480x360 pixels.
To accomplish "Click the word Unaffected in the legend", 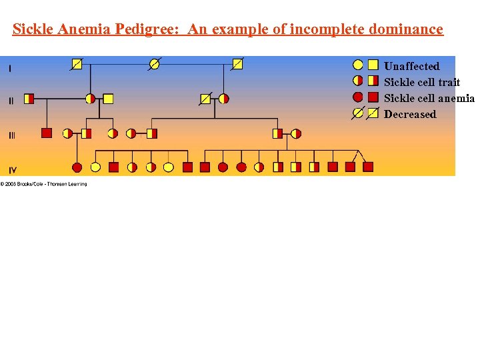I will pyautogui.click(x=411, y=66).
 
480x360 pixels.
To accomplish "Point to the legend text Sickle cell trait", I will pyautogui.click(x=422, y=82).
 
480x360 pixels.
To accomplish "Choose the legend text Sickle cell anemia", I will pyautogui.click(x=429, y=98).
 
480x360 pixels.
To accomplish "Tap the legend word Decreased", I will pyautogui.click(x=410, y=114).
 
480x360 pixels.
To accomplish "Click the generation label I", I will pyautogui.click(x=10, y=67).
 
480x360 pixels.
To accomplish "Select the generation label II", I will pyautogui.click(x=11, y=101).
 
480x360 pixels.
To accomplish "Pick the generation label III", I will pyautogui.click(x=12, y=135).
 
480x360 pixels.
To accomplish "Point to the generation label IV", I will pyautogui.click(x=13, y=169).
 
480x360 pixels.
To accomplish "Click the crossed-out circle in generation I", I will pyautogui.click(x=155, y=64).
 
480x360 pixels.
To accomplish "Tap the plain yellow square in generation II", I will pyautogui.click(x=108, y=99).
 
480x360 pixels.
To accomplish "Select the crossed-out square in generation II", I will pyautogui.click(x=205, y=99).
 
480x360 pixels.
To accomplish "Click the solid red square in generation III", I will pyautogui.click(x=47, y=133).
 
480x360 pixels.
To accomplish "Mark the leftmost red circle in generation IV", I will pyautogui.click(x=77, y=167).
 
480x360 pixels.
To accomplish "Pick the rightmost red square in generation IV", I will pyautogui.click(x=368, y=167).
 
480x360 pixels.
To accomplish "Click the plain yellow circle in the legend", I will pyautogui.click(x=358, y=65).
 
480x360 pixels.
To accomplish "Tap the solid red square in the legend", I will pyautogui.click(x=373, y=97).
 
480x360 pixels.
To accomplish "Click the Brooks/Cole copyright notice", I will pyautogui.click(x=44, y=184).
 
